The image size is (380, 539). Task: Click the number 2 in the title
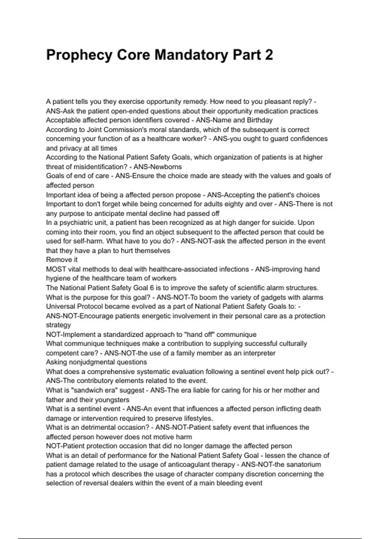coord(269,55)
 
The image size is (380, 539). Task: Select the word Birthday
coord(260,120)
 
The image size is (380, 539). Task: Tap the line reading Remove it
coord(62,260)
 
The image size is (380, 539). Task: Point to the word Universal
coord(60,307)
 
